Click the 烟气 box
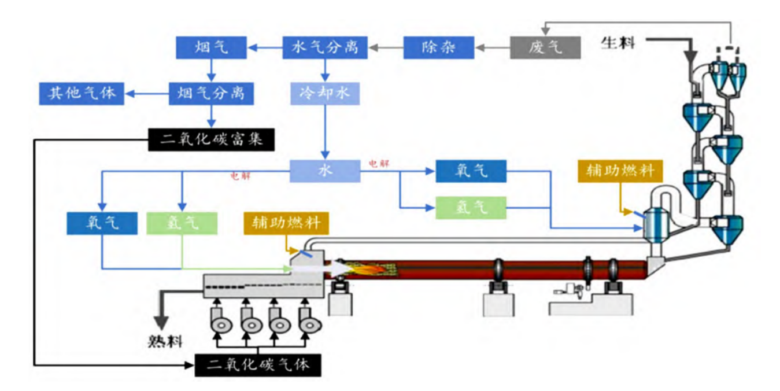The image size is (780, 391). click(211, 47)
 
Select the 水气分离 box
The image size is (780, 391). click(326, 47)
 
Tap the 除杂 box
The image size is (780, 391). click(439, 47)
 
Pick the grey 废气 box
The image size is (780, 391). click(545, 47)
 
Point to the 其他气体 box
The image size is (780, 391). click(82, 93)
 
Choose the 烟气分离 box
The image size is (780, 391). click(211, 93)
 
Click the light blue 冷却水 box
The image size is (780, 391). click(326, 93)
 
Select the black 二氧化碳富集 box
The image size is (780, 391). click(211, 139)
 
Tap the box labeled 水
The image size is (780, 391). click(326, 171)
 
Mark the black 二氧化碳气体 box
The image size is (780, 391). click(258, 365)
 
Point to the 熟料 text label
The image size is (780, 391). click(164, 341)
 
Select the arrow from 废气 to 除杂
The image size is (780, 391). click(491, 47)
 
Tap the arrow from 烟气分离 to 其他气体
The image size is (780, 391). click(147, 93)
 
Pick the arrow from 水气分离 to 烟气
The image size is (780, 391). click(265, 47)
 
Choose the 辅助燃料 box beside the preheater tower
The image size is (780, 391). click(620, 171)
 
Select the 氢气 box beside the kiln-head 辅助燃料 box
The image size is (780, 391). click(182, 223)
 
